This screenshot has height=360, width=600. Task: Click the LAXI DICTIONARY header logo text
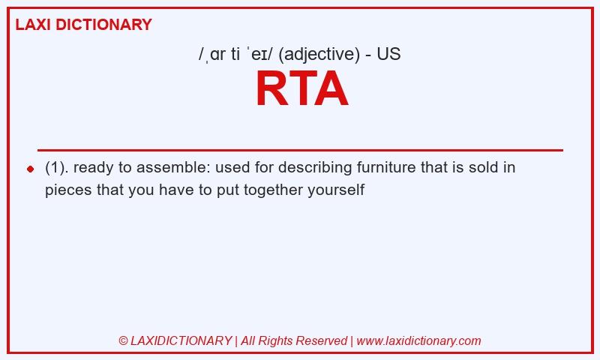[83, 25]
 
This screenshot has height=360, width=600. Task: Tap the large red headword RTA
[302, 88]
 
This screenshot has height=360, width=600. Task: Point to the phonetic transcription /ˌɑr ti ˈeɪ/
[235, 54]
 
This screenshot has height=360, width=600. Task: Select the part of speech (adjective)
[319, 54]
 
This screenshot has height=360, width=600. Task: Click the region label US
[388, 54]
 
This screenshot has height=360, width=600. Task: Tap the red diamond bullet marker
[31, 169]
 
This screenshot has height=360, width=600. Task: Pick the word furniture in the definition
[386, 167]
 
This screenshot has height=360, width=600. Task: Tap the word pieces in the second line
[68, 190]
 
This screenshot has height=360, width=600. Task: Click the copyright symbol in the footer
[123, 340]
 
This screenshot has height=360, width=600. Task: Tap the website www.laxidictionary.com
[418, 340]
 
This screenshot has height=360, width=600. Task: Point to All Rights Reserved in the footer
[294, 340]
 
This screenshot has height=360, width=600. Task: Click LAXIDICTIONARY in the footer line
[181, 340]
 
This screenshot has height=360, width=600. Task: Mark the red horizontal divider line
[301, 150]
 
